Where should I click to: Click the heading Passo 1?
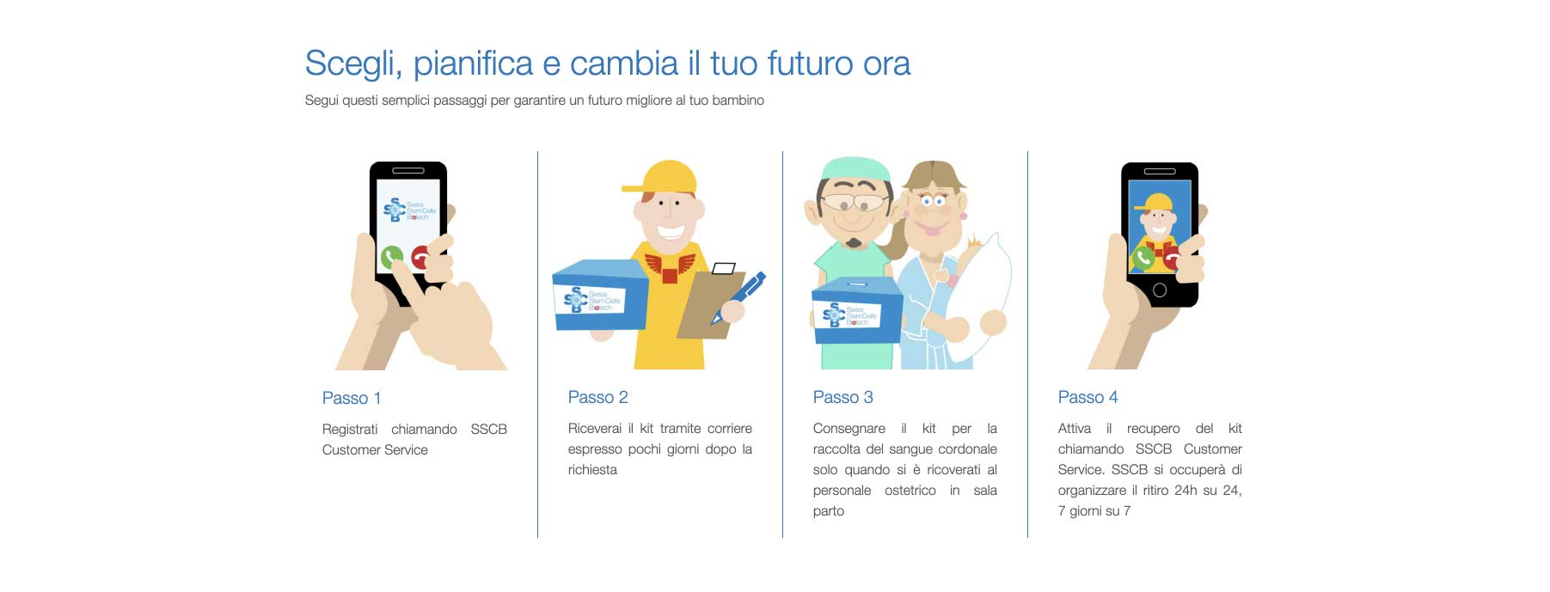(351, 398)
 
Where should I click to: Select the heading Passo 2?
(597, 397)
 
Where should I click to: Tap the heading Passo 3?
(842, 397)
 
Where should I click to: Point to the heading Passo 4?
(1087, 397)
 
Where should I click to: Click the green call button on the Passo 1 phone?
(392, 256)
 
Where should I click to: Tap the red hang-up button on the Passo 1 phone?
(421, 257)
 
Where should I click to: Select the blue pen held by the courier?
(738, 296)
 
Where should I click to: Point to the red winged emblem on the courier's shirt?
(670, 266)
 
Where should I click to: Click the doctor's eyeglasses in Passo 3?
(854, 203)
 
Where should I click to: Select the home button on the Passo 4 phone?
(1159, 290)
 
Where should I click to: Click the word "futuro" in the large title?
(808, 64)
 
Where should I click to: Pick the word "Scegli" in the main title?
(353, 64)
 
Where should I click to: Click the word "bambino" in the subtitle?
(738, 101)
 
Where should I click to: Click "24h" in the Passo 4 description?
(1185, 490)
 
